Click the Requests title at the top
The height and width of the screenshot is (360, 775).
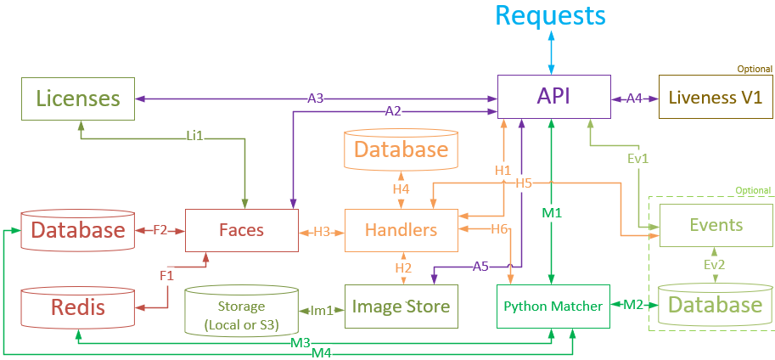click(550, 15)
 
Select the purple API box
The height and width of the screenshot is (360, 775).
click(553, 97)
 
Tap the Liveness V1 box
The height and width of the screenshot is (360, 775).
click(715, 97)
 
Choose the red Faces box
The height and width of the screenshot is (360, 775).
click(241, 230)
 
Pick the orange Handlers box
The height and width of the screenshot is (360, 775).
click(401, 230)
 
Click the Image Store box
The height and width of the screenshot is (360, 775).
click(401, 306)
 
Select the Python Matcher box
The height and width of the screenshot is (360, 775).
click(553, 306)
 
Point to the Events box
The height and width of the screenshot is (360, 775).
click(716, 225)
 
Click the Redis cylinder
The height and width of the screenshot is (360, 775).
click(78, 307)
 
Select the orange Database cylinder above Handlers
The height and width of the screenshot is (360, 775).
click(401, 150)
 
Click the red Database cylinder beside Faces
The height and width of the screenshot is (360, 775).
click(78, 230)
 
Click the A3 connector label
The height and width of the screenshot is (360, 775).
click(316, 98)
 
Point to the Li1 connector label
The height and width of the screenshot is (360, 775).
click(194, 134)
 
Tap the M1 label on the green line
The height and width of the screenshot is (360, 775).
click(553, 211)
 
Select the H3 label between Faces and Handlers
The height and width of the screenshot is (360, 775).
click(322, 230)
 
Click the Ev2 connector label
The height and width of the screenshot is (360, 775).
click(714, 265)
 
